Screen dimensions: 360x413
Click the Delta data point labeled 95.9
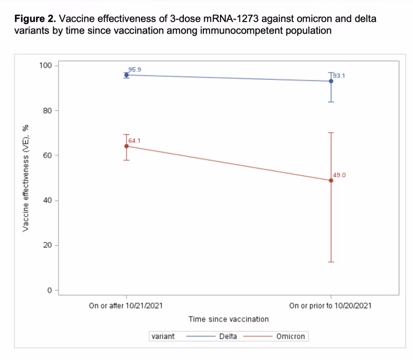126,75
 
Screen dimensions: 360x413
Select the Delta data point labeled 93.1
331,81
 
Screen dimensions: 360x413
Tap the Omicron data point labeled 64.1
126,146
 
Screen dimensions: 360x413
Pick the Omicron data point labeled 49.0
331,180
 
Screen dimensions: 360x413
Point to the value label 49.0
339,175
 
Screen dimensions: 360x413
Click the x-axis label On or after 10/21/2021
126,306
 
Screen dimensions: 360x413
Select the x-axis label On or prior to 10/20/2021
331,306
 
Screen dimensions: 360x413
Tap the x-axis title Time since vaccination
229,319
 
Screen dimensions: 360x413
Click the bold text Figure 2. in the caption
35,20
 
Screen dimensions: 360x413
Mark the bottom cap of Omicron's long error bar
331,262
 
